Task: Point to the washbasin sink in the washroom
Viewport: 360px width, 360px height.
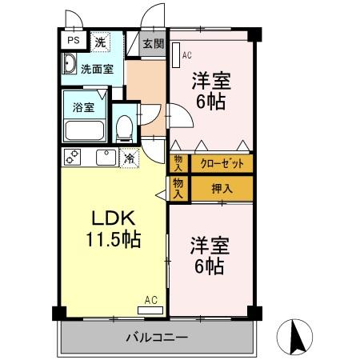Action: [69, 66]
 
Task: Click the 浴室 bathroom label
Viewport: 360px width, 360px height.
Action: [82, 106]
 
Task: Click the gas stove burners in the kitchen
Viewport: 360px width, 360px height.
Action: [73, 158]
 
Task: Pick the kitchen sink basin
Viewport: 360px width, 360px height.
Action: [104, 158]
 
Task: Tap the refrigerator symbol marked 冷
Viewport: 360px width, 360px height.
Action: [130, 158]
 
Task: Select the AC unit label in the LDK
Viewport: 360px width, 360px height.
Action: [150, 301]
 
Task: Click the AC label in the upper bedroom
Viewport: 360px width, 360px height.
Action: [187, 56]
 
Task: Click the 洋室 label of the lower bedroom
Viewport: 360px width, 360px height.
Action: [207, 244]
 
